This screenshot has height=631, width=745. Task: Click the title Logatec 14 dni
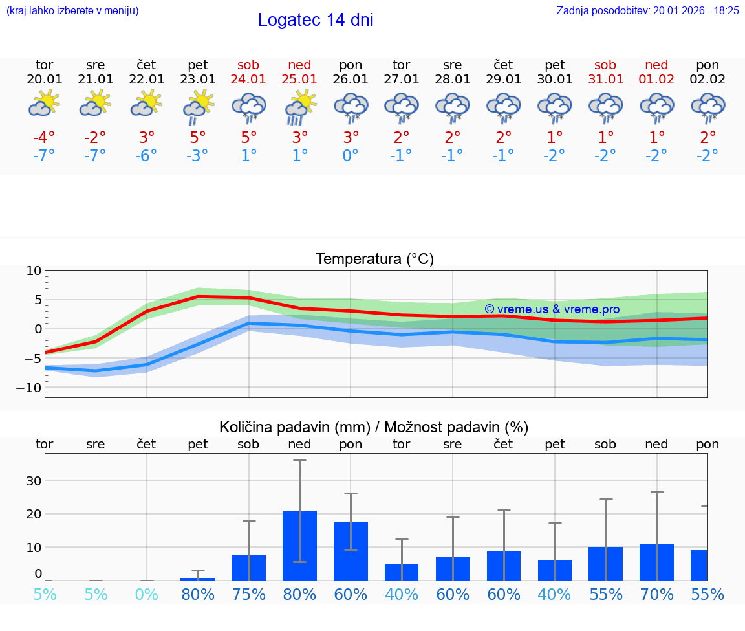point(316,20)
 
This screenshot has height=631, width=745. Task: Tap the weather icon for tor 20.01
point(44,104)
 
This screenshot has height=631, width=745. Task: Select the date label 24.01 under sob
point(248,80)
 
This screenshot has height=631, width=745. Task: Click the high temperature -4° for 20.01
point(44,138)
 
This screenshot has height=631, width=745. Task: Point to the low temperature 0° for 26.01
point(351,156)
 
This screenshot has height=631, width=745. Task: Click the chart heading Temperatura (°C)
point(374,259)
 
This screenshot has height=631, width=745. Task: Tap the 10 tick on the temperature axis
point(34,271)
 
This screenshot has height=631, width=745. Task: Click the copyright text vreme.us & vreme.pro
point(552,309)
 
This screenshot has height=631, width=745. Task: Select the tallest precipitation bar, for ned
point(299,545)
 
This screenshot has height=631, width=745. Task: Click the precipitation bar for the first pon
point(351,551)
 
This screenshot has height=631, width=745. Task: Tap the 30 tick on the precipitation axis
point(34,481)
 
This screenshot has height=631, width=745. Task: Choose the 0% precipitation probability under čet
point(147,594)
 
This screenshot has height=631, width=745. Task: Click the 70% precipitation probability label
point(657,594)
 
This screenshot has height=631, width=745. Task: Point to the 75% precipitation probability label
point(248,594)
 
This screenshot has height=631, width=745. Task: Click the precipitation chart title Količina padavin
point(374,427)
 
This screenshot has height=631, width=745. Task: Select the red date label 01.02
point(657,80)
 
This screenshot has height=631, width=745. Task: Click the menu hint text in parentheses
point(72,10)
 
